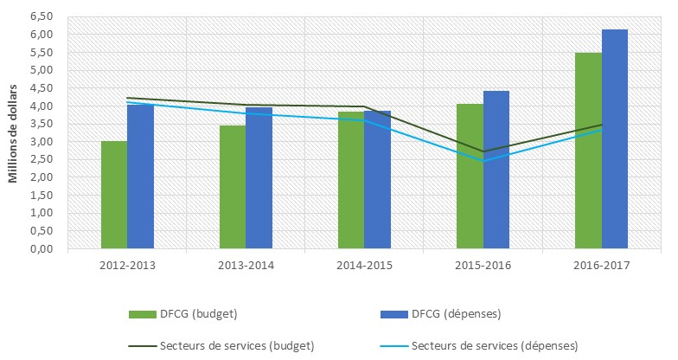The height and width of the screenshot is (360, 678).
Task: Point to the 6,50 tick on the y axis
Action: [41, 16]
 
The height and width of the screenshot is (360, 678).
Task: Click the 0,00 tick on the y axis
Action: [41, 249]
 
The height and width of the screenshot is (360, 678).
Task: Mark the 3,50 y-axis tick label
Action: [41, 124]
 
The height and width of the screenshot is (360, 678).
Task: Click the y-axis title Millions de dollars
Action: [14, 133]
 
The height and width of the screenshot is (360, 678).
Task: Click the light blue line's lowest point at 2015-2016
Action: [483, 161]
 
